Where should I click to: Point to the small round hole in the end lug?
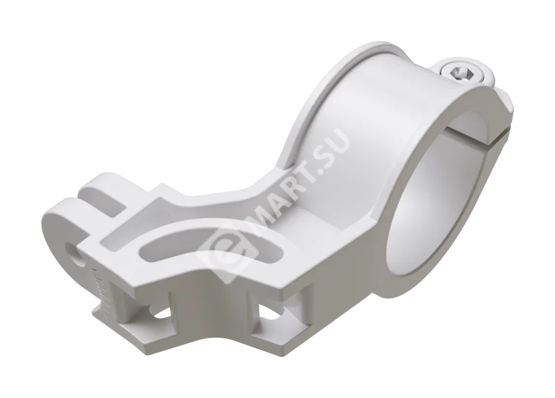tap(75, 254)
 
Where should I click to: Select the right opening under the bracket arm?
tap(273, 311)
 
